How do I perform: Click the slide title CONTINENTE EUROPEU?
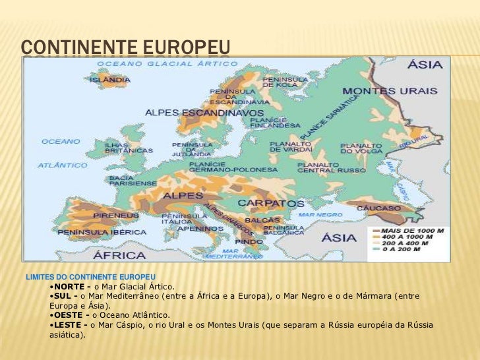click(125, 47)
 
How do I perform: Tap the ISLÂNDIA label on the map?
click(114, 80)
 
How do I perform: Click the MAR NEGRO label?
click(320, 214)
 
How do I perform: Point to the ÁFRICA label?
click(119, 255)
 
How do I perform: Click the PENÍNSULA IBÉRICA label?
click(102, 232)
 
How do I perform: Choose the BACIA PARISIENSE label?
click(126, 181)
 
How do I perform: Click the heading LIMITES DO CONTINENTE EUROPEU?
click(90, 276)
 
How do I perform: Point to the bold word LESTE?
click(69, 325)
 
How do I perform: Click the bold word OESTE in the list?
click(71, 315)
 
